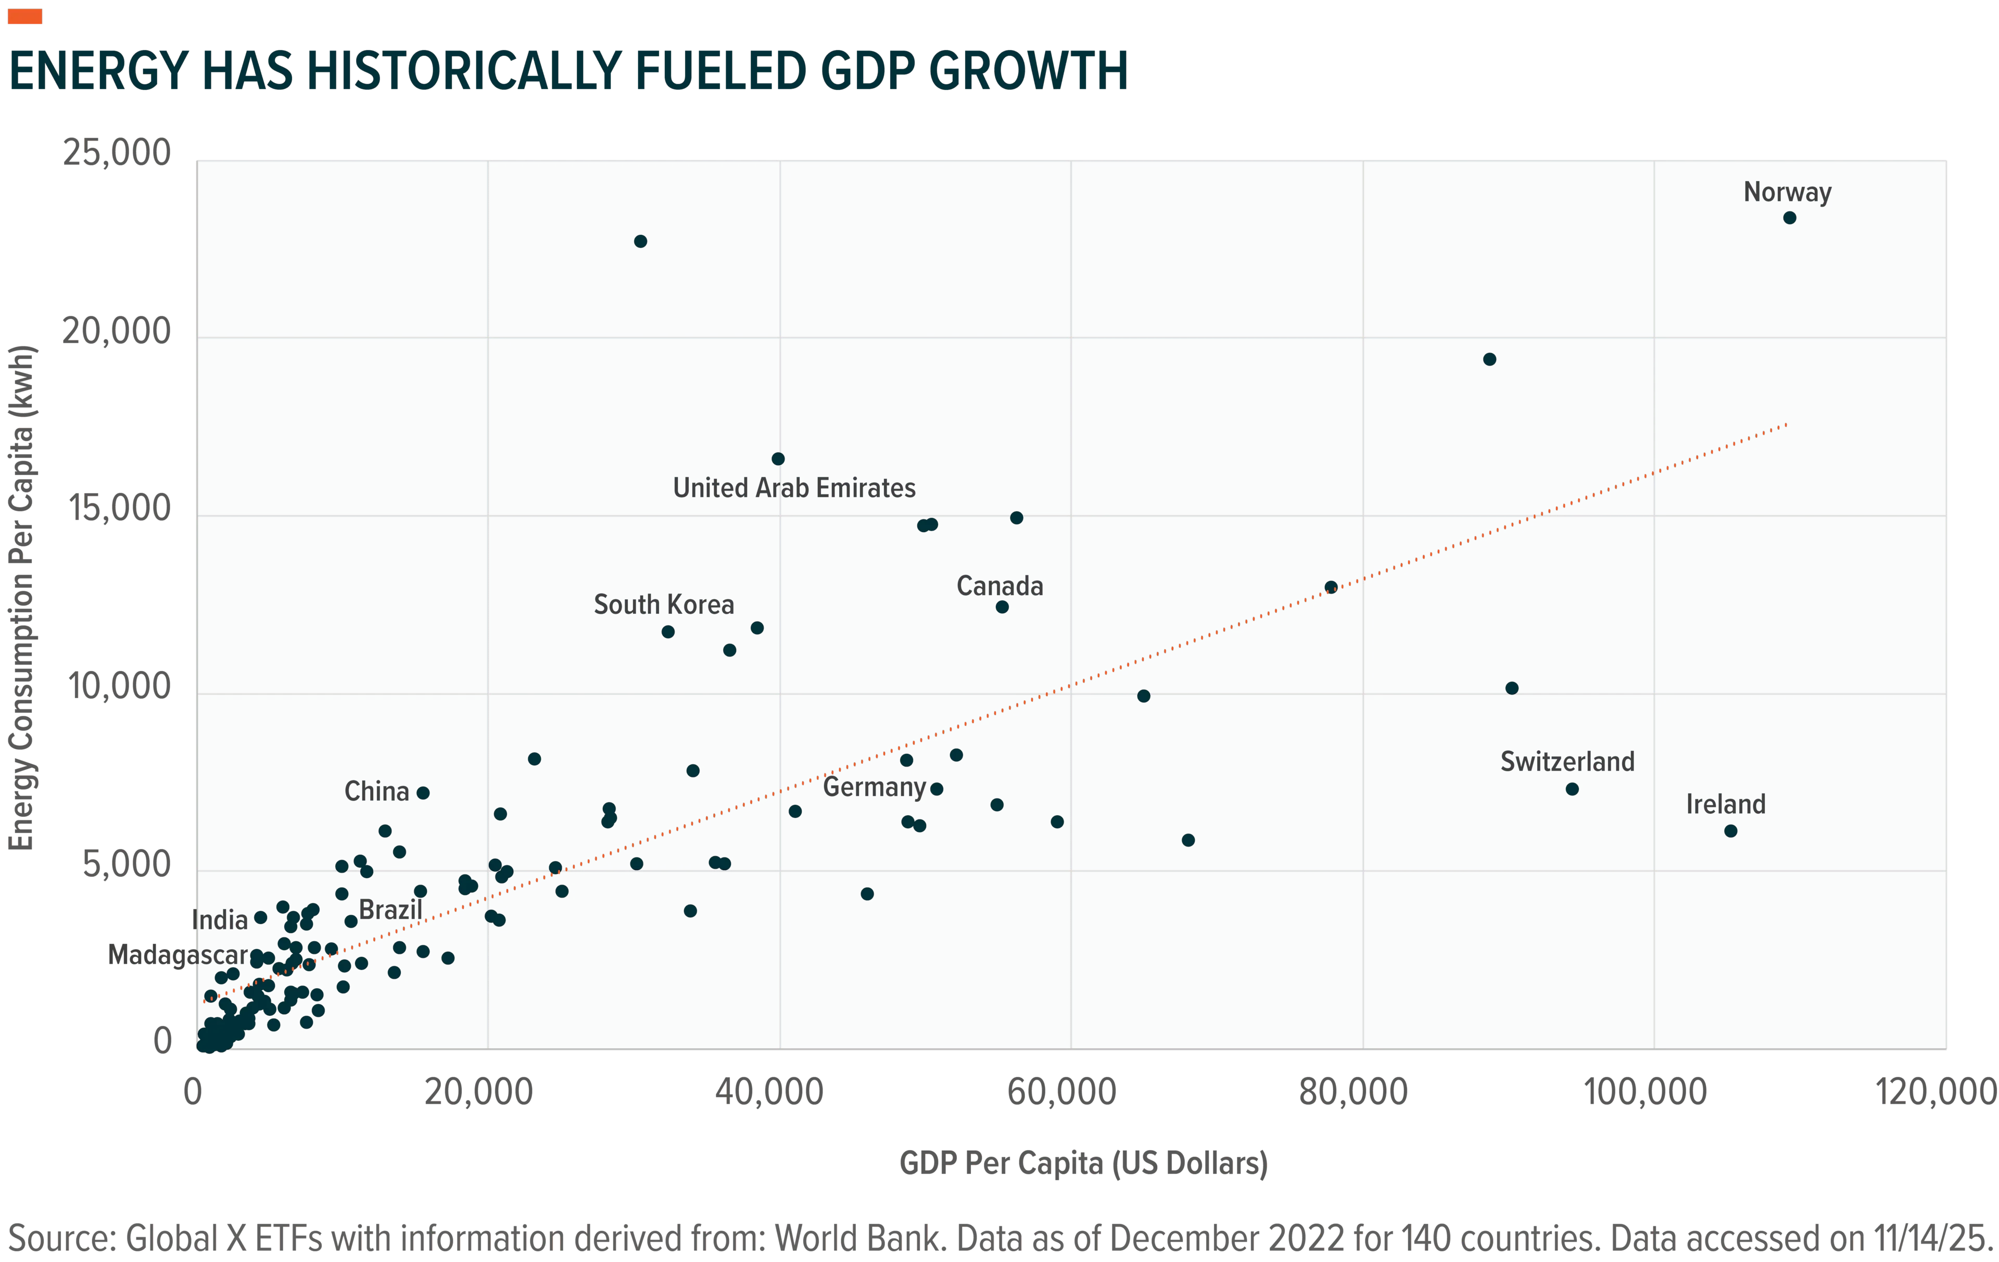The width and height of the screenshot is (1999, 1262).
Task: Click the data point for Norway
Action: tap(1790, 218)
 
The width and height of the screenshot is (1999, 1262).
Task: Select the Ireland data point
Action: tap(1731, 830)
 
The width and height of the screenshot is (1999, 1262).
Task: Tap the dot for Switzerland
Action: tap(1572, 789)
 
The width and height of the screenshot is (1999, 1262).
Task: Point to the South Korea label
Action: tap(664, 604)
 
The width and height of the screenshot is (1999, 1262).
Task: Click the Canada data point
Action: tap(1002, 607)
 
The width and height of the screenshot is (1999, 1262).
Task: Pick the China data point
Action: tap(423, 793)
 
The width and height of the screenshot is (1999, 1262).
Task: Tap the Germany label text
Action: tap(874, 787)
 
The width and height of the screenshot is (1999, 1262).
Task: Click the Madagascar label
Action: tap(178, 955)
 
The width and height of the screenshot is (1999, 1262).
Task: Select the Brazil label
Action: tap(390, 910)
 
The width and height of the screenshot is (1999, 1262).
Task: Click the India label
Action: tap(220, 920)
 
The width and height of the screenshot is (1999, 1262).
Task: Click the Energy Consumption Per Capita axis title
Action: tap(21, 598)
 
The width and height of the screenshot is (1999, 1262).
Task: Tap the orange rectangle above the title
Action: tap(25, 16)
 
